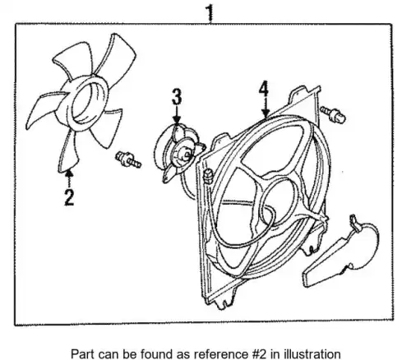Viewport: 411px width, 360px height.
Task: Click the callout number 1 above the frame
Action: click(210, 13)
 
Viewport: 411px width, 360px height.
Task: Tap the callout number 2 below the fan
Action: click(69, 197)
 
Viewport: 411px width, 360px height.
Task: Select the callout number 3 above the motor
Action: click(177, 96)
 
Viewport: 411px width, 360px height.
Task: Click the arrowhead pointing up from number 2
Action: click(69, 173)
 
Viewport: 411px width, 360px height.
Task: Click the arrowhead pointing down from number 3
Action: click(177, 120)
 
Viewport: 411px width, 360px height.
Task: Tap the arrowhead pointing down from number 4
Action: click(265, 113)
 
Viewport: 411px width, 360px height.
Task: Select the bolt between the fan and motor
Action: click(128, 159)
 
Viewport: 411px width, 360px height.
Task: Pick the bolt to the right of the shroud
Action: click(333, 114)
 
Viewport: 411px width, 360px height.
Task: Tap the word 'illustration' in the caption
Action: click(312, 353)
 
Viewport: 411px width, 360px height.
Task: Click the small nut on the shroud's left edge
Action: click(209, 176)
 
